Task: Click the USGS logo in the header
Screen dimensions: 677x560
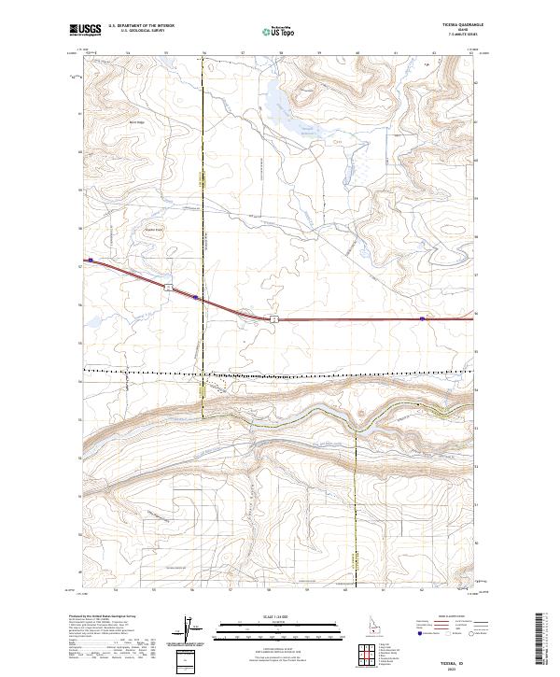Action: [x=86, y=30]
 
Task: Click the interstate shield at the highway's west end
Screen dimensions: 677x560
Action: [x=91, y=261]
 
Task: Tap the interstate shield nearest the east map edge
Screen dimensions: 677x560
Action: [x=422, y=318]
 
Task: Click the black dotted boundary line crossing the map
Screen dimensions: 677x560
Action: [x=280, y=372]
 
